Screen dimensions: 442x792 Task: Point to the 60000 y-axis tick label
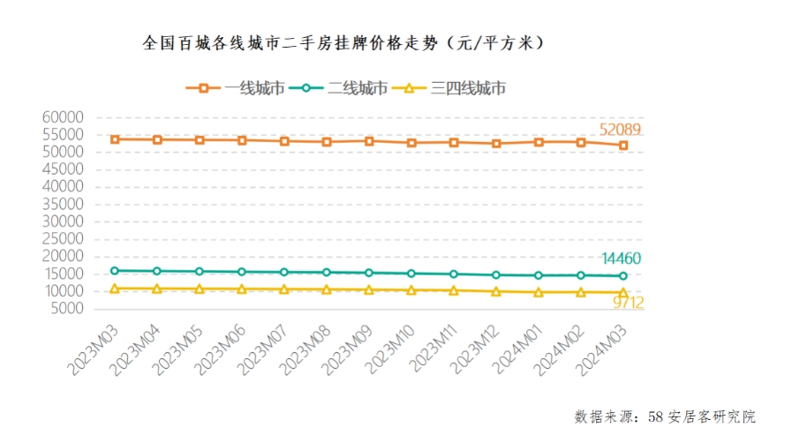[x=62, y=117]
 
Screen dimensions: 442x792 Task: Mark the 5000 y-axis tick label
[x=65, y=309]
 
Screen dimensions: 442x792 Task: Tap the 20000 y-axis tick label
[x=62, y=256]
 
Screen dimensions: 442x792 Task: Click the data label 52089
[x=621, y=130]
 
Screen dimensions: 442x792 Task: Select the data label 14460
[x=621, y=258]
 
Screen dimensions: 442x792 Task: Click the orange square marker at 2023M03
[x=115, y=139]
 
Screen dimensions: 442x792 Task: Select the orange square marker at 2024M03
[x=623, y=146]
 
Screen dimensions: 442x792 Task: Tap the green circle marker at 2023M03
[x=115, y=271]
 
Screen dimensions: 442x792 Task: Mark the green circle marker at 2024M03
[x=623, y=276]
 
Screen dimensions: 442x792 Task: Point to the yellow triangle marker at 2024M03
[x=623, y=292]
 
